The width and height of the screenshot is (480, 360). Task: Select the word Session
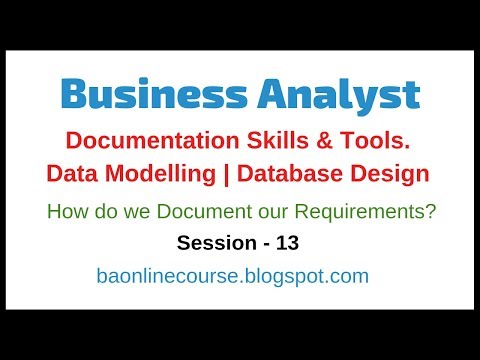point(213,243)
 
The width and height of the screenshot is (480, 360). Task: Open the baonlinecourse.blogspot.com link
point(233,276)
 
